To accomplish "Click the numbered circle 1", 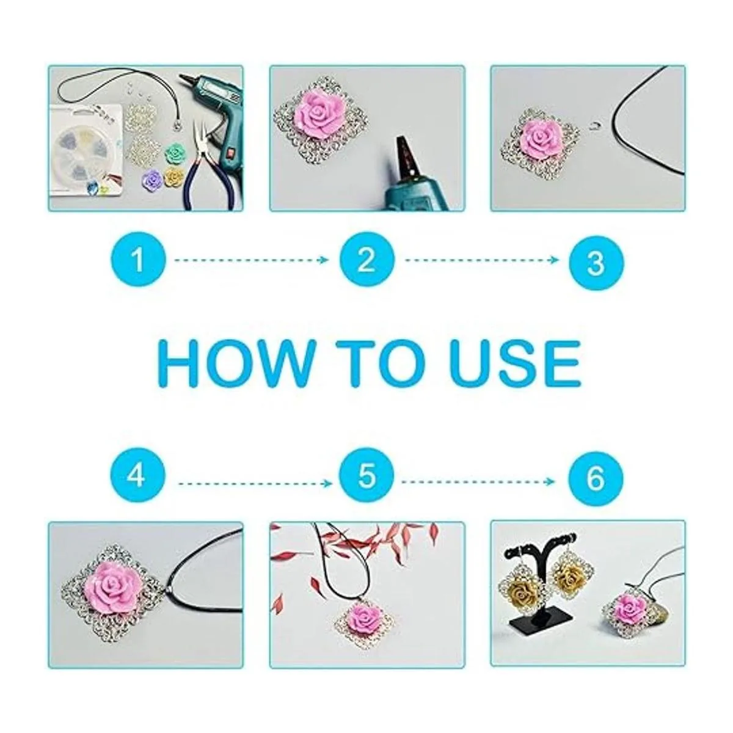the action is coord(138,259).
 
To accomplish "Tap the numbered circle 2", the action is coord(366,259).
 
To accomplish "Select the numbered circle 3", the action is coord(596,262).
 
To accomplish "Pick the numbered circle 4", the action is coord(138,476).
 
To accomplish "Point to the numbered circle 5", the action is coord(366,476).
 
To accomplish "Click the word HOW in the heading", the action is coord(235,364).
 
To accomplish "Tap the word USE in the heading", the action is coord(514,364).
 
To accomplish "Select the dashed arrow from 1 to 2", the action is coord(252,260).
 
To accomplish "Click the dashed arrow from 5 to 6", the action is coord(478,482).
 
